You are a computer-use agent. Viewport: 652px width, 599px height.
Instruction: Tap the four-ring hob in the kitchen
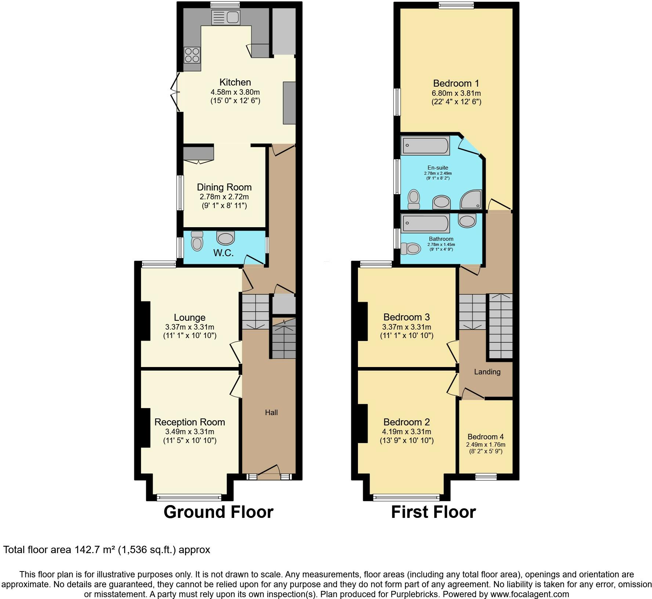click(192, 55)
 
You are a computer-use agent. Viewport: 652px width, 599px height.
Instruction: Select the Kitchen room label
click(235, 82)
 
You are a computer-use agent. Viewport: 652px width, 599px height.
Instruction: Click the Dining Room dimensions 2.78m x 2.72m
click(224, 197)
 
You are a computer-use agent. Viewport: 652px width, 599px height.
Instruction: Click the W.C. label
click(223, 253)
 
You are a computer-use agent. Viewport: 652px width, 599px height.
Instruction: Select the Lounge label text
click(189, 317)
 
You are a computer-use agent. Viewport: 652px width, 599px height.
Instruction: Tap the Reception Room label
click(189, 422)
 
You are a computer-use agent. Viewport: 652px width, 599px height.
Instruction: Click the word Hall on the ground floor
click(271, 413)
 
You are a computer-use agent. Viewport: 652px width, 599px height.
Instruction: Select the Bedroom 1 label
click(456, 83)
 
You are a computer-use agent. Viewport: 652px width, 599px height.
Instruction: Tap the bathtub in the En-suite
click(425, 145)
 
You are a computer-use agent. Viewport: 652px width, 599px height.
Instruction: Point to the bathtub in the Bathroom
click(425, 224)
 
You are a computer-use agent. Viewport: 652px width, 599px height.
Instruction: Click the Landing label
click(487, 372)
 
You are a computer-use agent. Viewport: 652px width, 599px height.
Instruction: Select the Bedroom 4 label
click(485, 437)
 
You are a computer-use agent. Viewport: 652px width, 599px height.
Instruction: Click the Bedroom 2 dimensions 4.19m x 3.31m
click(406, 432)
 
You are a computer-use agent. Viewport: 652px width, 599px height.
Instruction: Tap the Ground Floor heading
click(218, 512)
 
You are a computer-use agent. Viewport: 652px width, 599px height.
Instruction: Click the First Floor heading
click(433, 512)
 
